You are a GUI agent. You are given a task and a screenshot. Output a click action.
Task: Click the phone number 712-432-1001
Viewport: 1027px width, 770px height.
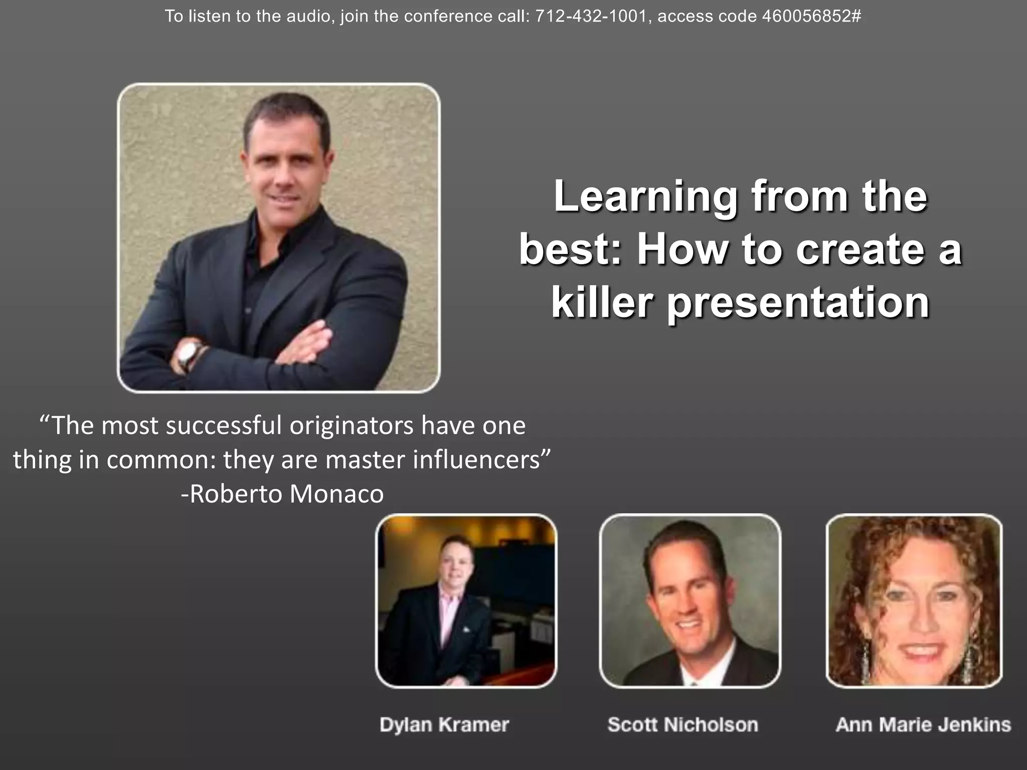(591, 17)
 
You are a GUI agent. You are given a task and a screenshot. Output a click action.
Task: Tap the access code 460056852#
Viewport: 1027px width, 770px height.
(811, 17)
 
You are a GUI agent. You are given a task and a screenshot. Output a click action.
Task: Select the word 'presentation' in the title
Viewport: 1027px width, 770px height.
(797, 304)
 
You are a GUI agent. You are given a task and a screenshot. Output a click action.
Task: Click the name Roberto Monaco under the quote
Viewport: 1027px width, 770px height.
(287, 494)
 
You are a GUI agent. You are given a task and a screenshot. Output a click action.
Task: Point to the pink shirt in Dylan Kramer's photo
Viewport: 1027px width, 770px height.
(448, 609)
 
